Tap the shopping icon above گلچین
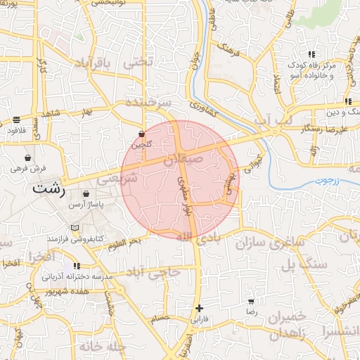(141, 134)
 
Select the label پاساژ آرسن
(86, 204)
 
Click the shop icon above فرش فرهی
(27, 157)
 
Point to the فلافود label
(16, 130)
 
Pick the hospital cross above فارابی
(200, 308)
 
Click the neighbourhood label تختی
(138, 61)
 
